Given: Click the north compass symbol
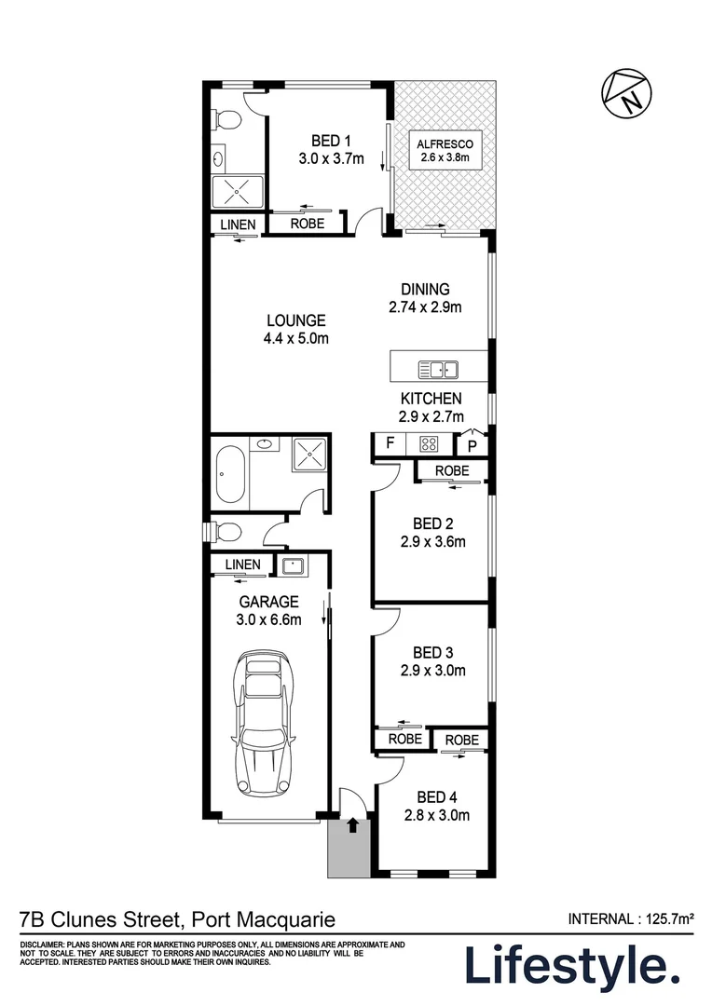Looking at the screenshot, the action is [626, 94].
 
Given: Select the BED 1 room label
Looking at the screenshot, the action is [331, 141].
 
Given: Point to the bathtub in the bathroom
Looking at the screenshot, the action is [230, 474].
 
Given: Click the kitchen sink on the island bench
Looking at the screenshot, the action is [438, 370].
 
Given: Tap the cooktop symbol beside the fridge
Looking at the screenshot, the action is [429, 443].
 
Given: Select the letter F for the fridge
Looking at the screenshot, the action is [390, 442].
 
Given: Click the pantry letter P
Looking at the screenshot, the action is [472, 446].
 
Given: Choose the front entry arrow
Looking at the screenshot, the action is [352, 824].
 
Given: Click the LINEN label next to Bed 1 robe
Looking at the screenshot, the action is [239, 224].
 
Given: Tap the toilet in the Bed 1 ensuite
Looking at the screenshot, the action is [226, 119].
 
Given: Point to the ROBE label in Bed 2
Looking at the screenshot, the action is [452, 471].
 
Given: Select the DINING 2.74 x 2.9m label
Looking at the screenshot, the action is [425, 298].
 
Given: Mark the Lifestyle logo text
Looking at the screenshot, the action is [572, 966].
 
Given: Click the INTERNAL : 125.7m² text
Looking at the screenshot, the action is [631, 918].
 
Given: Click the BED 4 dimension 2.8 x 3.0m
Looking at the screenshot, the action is [436, 815].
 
